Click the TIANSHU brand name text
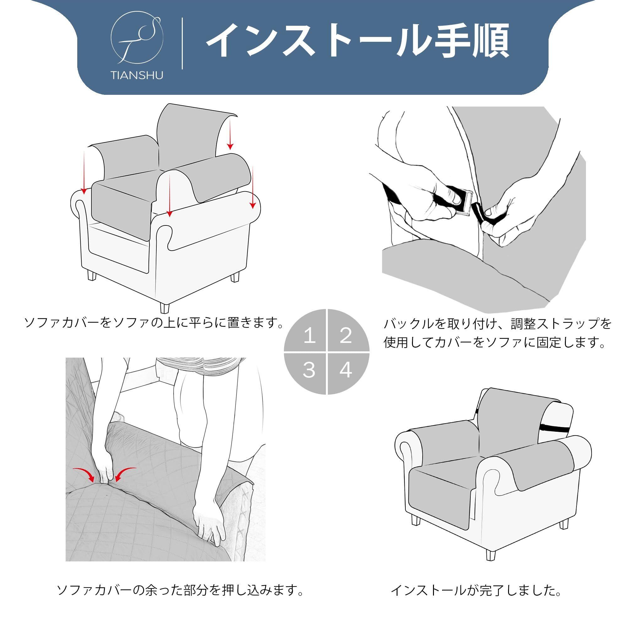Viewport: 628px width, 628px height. coord(137,76)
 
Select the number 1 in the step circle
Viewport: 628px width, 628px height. coord(310,336)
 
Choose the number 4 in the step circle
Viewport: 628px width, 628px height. coord(346,370)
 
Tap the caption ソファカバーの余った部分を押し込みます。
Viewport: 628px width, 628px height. coord(181,581)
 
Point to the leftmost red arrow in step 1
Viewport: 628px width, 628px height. coord(84,172)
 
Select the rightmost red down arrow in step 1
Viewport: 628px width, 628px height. coord(252,187)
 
